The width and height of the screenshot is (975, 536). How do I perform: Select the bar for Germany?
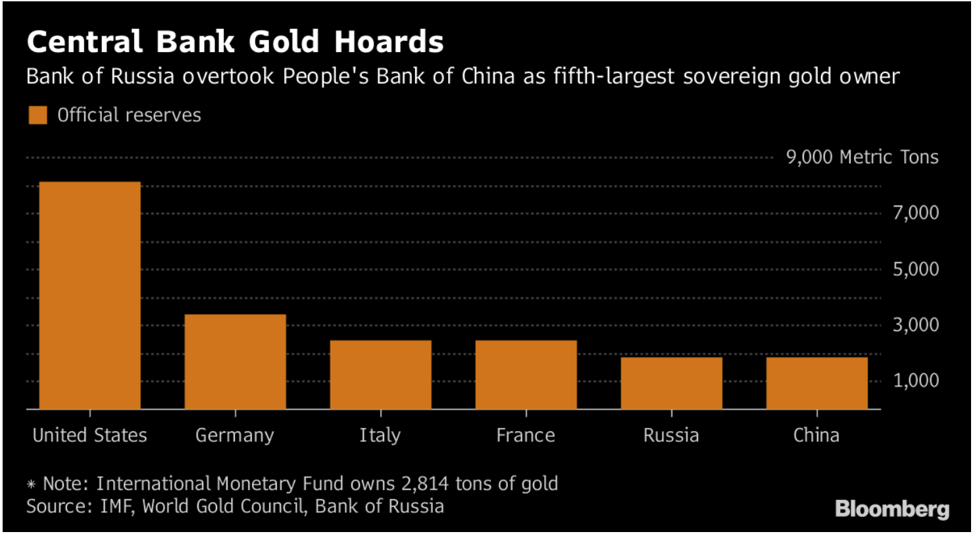pyautogui.click(x=235, y=362)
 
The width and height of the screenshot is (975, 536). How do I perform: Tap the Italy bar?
pyautogui.click(x=380, y=375)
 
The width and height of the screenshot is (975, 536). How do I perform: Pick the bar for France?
pyautogui.click(x=526, y=375)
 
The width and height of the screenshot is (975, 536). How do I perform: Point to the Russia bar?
pyautogui.click(x=671, y=383)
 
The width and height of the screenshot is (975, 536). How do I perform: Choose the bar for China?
pyautogui.click(x=816, y=383)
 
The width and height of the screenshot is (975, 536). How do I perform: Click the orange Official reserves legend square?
pyautogui.click(x=37, y=115)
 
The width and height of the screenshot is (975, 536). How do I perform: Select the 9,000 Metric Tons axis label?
pyautogui.click(x=862, y=157)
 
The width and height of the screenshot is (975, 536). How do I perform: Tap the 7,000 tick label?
pyautogui.click(x=915, y=213)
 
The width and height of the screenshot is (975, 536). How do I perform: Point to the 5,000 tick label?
pyautogui.click(x=915, y=269)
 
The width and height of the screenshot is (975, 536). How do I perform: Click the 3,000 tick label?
pyautogui.click(x=915, y=325)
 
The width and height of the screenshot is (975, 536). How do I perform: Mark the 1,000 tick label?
pyautogui.click(x=915, y=381)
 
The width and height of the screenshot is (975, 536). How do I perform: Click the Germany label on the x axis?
pyautogui.click(x=235, y=435)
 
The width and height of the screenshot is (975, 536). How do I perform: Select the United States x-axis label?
pyautogui.click(x=89, y=435)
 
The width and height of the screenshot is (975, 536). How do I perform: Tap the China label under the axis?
pyautogui.click(x=816, y=435)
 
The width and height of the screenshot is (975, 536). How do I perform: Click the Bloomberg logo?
pyautogui.click(x=892, y=509)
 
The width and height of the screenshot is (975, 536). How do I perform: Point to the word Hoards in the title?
pyautogui.click(x=389, y=42)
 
